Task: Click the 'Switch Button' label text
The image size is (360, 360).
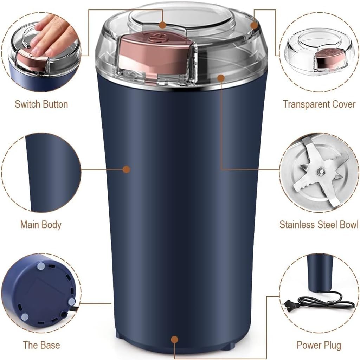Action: (x=41, y=104)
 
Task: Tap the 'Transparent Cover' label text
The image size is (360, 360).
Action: (x=319, y=104)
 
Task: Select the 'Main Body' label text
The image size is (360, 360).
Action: (x=41, y=225)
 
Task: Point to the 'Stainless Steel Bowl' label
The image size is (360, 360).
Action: (x=319, y=225)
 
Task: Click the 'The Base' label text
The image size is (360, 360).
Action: (x=41, y=345)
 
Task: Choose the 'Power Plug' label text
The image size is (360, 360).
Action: (x=319, y=345)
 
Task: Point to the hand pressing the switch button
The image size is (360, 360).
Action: (x=53, y=35)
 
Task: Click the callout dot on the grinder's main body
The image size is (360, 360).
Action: (x=127, y=169)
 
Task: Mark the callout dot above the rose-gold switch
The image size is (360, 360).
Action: (x=162, y=25)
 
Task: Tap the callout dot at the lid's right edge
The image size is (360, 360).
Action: (x=254, y=25)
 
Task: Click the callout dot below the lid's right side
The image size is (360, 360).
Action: (x=221, y=77)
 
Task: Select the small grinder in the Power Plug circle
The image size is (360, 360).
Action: (x=320, y=272)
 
